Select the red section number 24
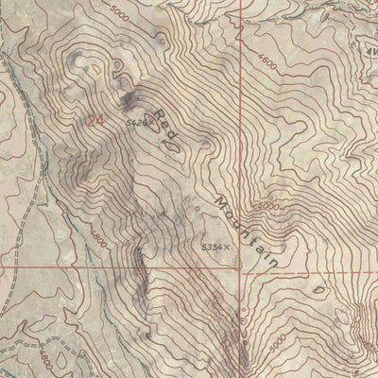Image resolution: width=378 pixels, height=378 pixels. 94,120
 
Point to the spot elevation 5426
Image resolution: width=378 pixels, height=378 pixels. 134,122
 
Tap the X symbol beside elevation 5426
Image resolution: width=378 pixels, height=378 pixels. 148,122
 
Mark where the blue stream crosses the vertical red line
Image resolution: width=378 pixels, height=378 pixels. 241,28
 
